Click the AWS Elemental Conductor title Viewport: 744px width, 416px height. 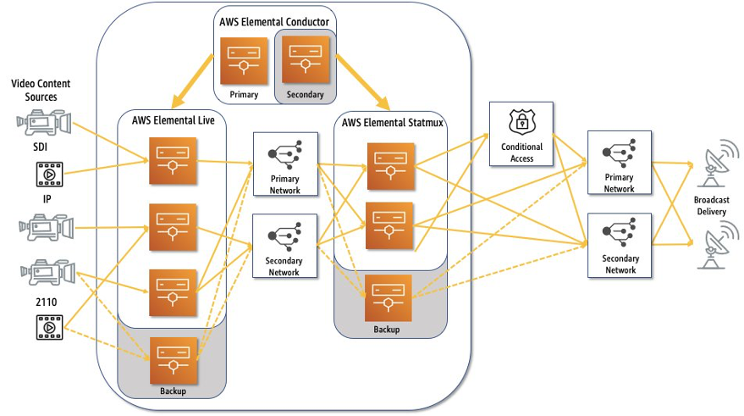coord(274,21)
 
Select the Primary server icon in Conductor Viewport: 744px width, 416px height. coord(244,60)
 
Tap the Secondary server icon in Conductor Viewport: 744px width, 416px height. coord(305,59)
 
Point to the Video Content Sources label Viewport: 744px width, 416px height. coord(40,91)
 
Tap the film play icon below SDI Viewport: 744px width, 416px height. coord(49,174)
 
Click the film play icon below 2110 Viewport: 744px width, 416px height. coord(49,326)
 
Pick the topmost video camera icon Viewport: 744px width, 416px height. coord(44,123)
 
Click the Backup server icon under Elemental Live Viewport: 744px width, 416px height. coord(174,360)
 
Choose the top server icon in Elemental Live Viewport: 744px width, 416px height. coord(174,154)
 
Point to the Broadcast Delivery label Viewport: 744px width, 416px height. coord(711,206)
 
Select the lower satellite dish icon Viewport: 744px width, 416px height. coord(712,246)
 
